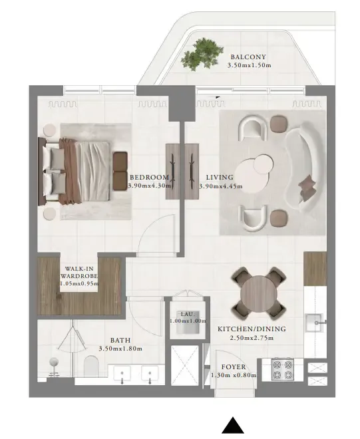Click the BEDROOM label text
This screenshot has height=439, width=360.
149,177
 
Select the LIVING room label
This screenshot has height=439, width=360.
220,177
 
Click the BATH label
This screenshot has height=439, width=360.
120,339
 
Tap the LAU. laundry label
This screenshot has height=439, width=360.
186,313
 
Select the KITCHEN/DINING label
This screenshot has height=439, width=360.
252,329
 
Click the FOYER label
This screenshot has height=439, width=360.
234,367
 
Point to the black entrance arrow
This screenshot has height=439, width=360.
232,426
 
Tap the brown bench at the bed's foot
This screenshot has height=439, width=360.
120,170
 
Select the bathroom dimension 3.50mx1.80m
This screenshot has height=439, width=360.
120,349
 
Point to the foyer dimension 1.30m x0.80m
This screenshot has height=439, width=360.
234,376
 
